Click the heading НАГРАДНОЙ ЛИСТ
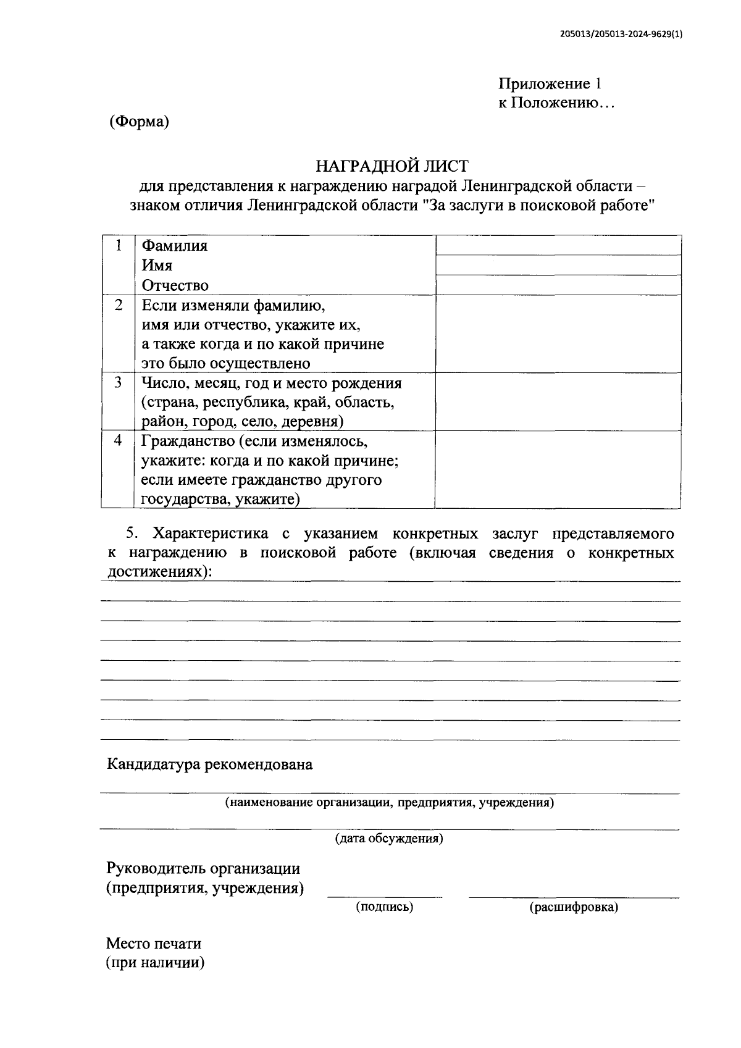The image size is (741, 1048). pyautogui.click(x=392, y=166)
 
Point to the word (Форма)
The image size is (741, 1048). pyautogui.click(x=139, y=122)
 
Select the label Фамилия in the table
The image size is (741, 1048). pyautogui.click(x=175, y=246)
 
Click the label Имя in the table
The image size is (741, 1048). pyautogui.click(x=157, y=266)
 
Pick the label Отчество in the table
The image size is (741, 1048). pyautogui.click(x=175, y=285)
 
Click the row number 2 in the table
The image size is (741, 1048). pyautogui.click(x=118, y=305)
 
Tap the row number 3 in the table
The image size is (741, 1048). pyautogui.click(x=118, y=383)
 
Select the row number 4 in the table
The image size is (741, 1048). pyautogui.click(x=118, y=441)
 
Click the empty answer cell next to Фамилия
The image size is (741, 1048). pyautogui.click(x=558, y=245)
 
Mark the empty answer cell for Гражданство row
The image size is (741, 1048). pyautogui.click(x=558, y=469)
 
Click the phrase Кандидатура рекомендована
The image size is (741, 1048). pyautogui.click(x=210, y=765)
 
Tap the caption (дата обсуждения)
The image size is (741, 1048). pyautogui.click(x=389, y=839)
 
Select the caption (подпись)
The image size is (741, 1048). pyautogui.click(x=384, y=907)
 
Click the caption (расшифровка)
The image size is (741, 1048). pyautogui.click(x=574, y=907)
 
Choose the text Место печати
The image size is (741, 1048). pyautogui.click(x=154, y=944)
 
